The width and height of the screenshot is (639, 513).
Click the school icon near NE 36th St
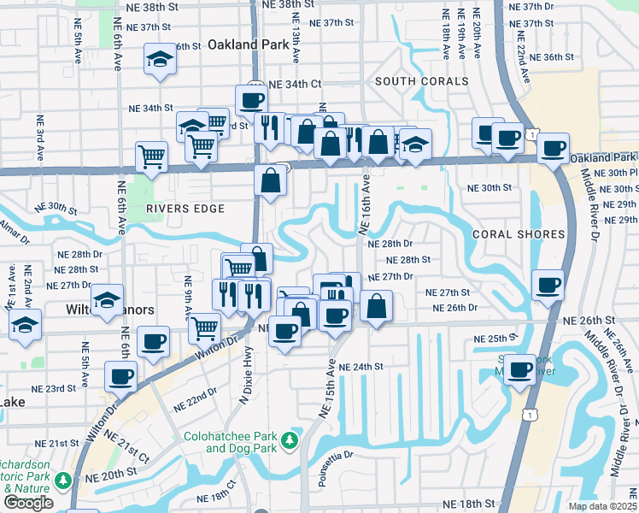158,60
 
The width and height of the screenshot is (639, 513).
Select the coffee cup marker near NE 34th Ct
251,100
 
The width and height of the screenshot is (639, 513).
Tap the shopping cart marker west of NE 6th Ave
151,156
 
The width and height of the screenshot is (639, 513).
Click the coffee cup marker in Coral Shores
547,285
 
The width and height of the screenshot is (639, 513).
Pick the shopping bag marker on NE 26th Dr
376,305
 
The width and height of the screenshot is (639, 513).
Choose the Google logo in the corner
28,503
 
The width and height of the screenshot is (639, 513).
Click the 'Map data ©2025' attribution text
603,506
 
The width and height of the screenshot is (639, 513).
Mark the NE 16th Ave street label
365,205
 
